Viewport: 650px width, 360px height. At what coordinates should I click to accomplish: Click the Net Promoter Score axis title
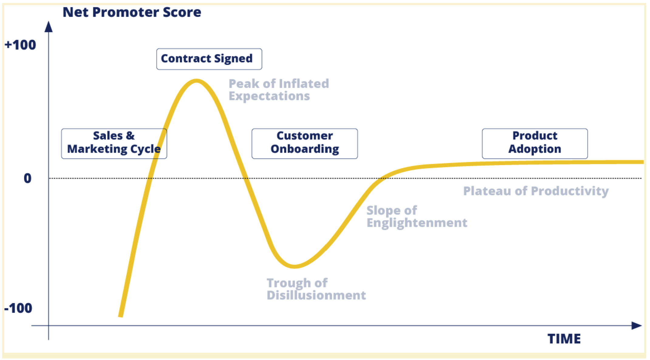click(132, 12)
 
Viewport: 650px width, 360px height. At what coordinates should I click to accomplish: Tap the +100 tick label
click(20, 45)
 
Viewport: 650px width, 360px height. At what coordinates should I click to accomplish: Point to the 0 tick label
click(27, 178)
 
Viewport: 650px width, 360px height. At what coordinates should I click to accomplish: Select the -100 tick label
click(18, 308)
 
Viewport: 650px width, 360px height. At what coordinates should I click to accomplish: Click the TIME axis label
click(564, 339)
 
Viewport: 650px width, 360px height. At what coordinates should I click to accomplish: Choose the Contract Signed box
click(209, 59)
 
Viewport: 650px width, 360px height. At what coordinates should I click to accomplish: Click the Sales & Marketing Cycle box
click(114, 143)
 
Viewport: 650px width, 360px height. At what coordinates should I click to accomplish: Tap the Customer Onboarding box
click(305, 143)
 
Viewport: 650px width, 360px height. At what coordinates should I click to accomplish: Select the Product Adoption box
click(535, 143)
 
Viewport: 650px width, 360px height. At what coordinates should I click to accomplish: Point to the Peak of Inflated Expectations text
click(279, 90)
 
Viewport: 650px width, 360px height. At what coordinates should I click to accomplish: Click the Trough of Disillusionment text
click(316, 289)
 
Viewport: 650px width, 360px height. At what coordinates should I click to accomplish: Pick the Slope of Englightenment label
click(417, 216)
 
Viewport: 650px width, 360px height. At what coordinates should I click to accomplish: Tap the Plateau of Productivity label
click(536, 191)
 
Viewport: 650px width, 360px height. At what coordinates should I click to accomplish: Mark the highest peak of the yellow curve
click(197, 81)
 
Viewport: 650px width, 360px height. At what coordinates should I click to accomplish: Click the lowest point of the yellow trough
click(294, 266)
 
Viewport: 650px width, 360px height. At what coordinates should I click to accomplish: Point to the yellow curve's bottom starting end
click(121, 316)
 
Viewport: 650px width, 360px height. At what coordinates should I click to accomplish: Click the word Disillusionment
click(316, 295)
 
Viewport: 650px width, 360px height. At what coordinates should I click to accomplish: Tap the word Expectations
click(269, 96)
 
